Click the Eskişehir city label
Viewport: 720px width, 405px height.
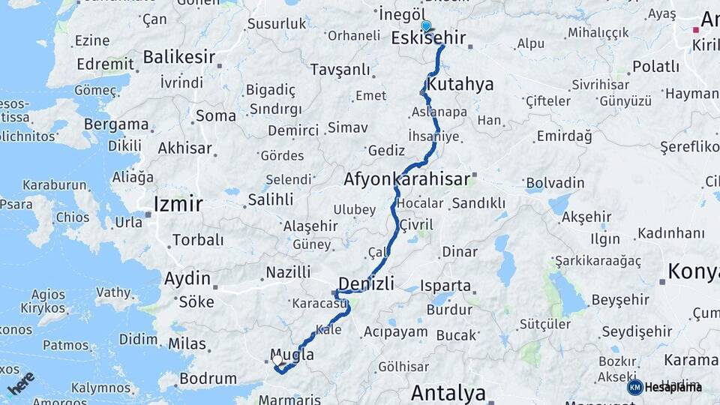pos(428,38)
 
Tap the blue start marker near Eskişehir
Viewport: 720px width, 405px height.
pos(426,27)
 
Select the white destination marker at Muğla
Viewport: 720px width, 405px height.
pos(277,361)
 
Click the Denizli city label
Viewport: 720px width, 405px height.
pos(366,283)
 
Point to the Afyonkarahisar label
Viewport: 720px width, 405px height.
pos(406,179)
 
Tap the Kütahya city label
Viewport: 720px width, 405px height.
pos(460,83)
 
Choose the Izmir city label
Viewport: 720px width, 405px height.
pos(178,203)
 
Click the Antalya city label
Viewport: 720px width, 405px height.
pos(448,392)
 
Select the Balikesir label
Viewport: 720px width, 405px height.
pos(178,56)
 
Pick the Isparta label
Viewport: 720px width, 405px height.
pos(445,286)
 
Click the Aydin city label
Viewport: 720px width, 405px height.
pos(187,278)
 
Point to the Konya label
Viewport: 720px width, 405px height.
pos(693,271)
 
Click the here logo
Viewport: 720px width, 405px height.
pos(21,382)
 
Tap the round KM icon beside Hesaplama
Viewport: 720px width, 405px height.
pos(634,387)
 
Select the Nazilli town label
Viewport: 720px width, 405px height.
pos(288,271)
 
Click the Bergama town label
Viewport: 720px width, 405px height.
pos(116,124)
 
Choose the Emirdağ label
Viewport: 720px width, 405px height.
pos(564,136)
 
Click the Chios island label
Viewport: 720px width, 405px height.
pos(71,217)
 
